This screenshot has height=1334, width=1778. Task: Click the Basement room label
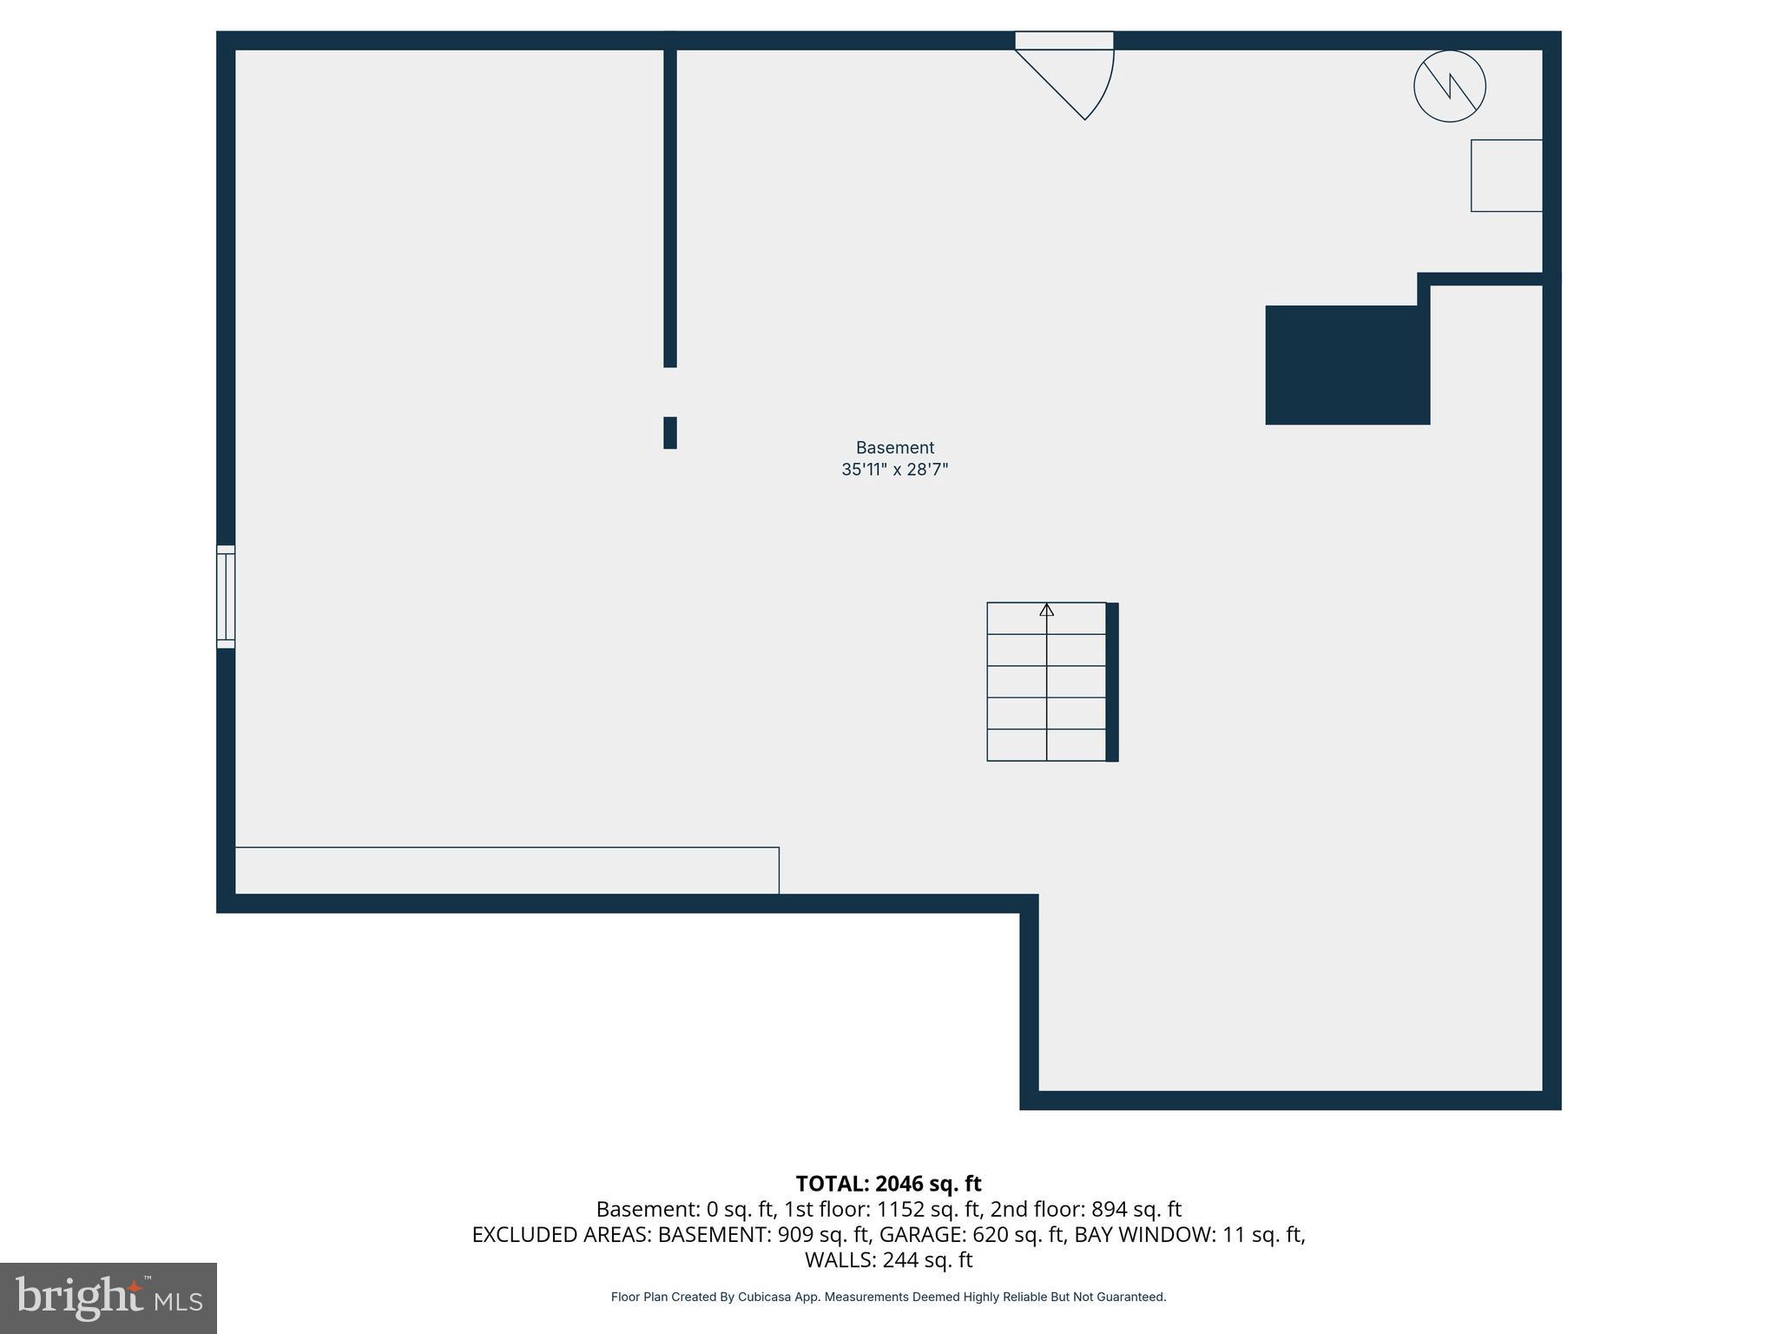tap(894, 448)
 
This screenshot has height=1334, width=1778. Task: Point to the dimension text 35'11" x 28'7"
tap(894, 470)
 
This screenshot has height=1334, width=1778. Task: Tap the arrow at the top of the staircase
tap(1046, 610)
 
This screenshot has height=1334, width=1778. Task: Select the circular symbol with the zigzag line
tap(1449, 86)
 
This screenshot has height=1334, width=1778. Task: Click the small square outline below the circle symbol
tap(1506, 175)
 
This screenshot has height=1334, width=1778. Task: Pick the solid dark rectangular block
tap(1347, 365)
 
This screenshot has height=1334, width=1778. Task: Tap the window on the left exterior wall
tap(226, 597)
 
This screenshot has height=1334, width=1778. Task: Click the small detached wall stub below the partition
tap(669, 433)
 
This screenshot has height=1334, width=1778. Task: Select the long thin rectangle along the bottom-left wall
tap(507, 870)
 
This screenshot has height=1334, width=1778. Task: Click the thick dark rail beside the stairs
tap(1112, 682)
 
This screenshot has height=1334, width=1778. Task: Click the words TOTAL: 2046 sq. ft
tap(888, 1184)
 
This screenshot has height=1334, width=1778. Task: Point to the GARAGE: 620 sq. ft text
tap(971, 1234)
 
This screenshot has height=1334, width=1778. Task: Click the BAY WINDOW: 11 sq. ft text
tap(1189, 1234)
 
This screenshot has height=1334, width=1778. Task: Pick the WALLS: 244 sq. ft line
tap(888, 1259)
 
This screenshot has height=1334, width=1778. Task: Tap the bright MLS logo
tap(109, 1298)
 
